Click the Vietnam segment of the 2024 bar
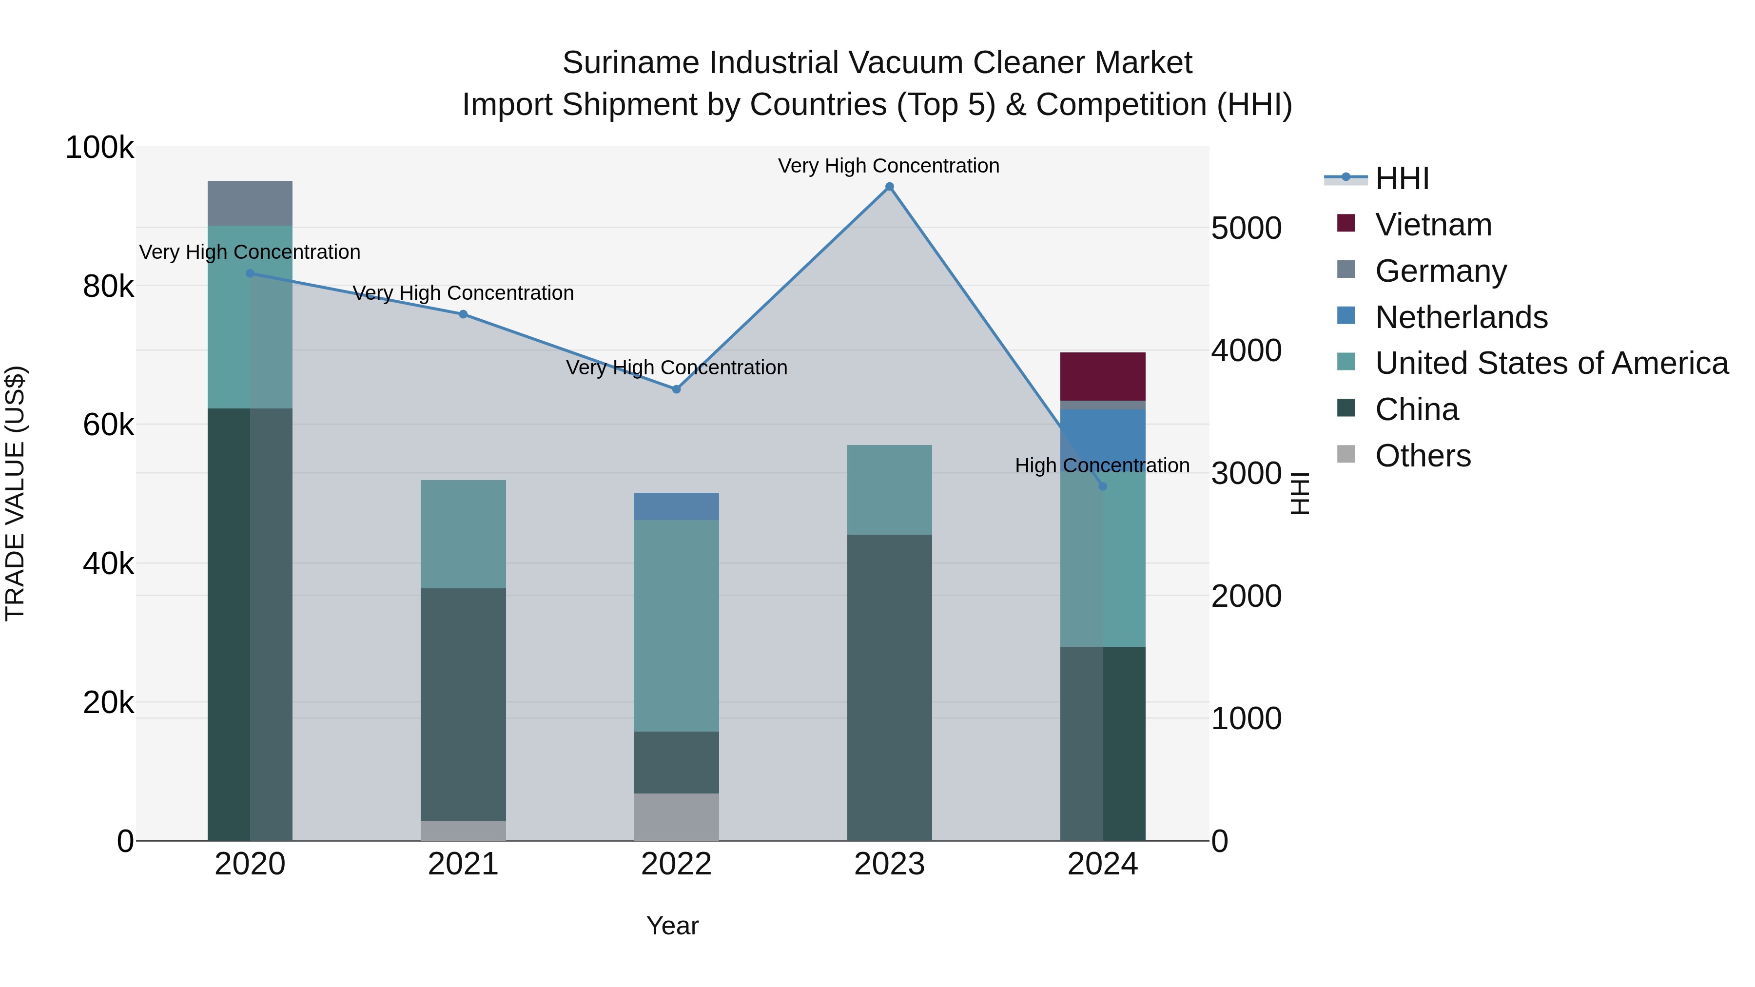click(x=1102, y=376)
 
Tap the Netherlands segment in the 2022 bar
click(x=676, y=506)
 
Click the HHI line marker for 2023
click(x=889, y=187)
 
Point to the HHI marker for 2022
click(x=676, y=389)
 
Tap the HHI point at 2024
click(x=1102, y=485)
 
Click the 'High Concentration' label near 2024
click(x=1102, y=465)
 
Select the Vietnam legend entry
click(x=1433, y=225)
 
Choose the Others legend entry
click(x=1423, y=456)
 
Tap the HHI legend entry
click(x=1402, y=178)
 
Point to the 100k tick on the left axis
click(x=99, y=148)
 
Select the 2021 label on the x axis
click(x=463, y=864)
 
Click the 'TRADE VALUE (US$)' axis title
click(x=15, y=493)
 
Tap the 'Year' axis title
click(x=672, y=926)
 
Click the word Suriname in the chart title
click(x=631, y=63)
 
